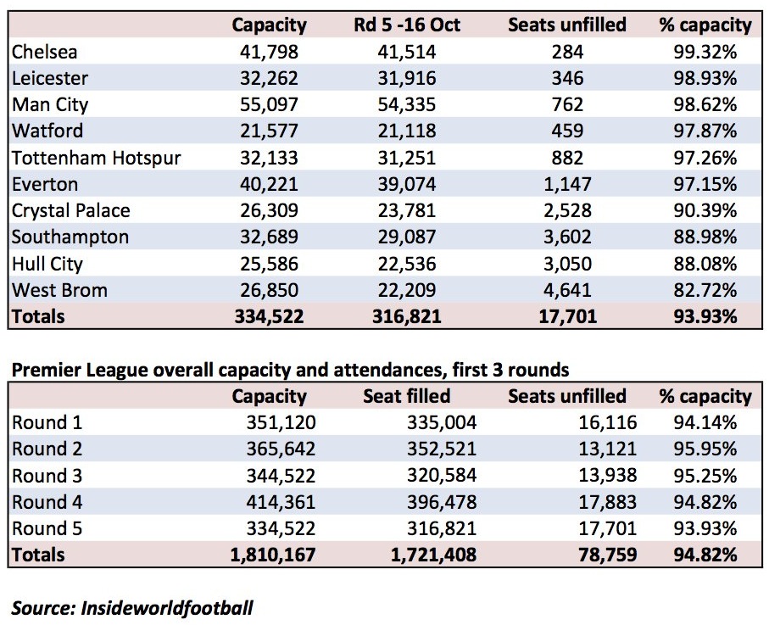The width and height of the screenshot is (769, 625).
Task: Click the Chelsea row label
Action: [x=45, y=52]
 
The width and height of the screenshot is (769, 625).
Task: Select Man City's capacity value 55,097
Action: [x=269, y=104]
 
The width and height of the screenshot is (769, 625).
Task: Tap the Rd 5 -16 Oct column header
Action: [x=407, y=25]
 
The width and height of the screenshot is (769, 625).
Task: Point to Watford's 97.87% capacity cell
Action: [x=705, y=131]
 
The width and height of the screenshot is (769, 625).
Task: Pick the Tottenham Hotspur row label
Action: [x=97, y=158]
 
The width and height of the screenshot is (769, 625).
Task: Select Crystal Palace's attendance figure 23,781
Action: [x=407, y=210]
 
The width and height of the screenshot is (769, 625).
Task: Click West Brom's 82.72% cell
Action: [x=705, y=290]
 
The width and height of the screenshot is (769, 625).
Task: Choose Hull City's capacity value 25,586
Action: [x=269, y=264]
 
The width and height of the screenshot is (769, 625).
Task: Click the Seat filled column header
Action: [x=407, y=396]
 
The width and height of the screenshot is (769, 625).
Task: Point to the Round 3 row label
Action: [x=47, y=476]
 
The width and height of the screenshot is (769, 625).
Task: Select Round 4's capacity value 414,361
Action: [x=281, y=502]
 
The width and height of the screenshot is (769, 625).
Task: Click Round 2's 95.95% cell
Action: [x=705, y=449]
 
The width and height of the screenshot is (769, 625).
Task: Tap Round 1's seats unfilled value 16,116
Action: [x=608, y=422]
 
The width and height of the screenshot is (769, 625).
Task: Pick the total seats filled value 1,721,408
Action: [x=433, y=555]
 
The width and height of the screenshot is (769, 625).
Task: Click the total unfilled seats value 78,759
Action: [x=608, y=555]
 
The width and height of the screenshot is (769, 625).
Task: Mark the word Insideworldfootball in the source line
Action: [x=167, y=608]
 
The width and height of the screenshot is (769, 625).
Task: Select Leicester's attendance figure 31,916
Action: [x=407, y=79]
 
